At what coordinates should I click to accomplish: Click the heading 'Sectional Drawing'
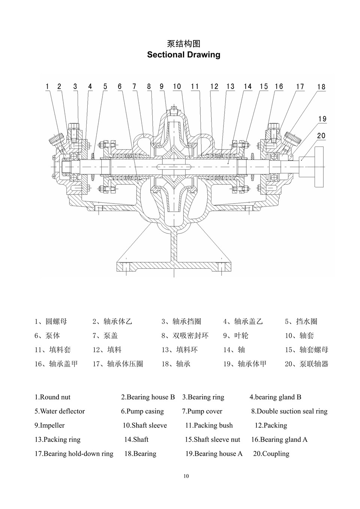click(183, 55)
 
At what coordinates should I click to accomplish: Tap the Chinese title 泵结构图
click(183, 44)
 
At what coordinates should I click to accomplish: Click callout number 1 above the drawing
click(47, 87)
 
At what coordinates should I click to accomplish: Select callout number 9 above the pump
click(162, 87)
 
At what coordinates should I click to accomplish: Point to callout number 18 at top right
click(321, 87)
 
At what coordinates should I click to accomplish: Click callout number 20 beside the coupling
click(321, 136)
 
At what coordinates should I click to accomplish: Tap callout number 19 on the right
click(322, 119)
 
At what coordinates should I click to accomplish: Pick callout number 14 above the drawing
click(247, 87)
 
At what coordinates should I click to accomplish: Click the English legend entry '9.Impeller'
click(49, 425)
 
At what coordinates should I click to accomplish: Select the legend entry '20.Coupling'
click(271, 454)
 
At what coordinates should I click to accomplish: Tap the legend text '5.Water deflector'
click(60, 411)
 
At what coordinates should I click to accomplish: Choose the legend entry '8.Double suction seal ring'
click(289, 411)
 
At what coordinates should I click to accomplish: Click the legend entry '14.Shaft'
click(136, 439)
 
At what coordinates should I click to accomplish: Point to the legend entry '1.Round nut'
click(52, 397)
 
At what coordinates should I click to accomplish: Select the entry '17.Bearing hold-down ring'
click(74, 454)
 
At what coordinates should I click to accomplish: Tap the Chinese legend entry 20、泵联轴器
click(306, 364)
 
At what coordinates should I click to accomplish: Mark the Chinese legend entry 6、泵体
click(47, 335)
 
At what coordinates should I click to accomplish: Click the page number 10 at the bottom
click(186, 476)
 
